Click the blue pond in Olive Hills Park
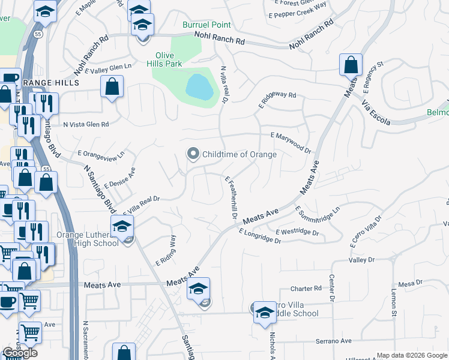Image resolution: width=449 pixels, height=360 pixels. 199,87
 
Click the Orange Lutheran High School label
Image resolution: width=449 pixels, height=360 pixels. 88,239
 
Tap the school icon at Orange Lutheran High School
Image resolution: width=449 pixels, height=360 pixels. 122,227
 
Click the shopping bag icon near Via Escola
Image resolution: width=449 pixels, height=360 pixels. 351,65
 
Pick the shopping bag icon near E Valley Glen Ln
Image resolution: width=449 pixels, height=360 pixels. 112,88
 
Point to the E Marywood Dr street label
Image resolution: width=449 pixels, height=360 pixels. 291,143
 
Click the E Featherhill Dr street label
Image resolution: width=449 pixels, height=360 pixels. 232,197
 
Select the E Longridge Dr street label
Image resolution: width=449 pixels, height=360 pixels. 259,236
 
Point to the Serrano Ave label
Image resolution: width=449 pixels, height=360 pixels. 333,341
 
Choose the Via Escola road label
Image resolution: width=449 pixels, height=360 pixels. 376,113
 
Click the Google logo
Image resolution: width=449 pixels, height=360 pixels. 19,353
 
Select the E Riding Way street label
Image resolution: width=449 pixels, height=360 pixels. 166,250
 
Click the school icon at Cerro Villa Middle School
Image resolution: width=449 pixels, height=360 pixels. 264,312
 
